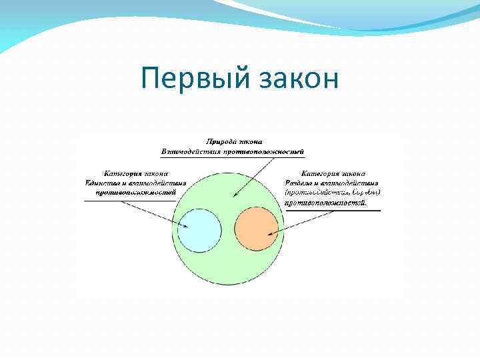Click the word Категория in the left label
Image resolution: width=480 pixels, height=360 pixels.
point(119,173)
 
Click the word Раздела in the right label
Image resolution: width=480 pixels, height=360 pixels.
point(297,183)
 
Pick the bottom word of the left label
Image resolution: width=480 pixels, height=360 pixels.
point(135,193)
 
